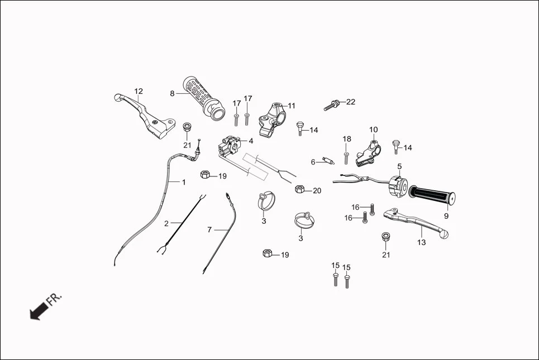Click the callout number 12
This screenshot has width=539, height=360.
(x=139, y=91)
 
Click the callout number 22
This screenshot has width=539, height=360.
(x=350, y=102)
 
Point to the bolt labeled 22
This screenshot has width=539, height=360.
(x=333, y=105)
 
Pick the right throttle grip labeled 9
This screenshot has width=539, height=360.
(x=432, y=195)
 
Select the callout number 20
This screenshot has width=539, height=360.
(x=317, y=191)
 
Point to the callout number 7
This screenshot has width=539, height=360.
(x=209, y=229)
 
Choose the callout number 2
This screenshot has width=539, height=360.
(x=166, y=223)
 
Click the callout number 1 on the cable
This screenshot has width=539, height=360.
(x=183, y=182)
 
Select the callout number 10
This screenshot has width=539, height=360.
(x=373, y=129)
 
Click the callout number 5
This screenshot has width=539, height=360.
(x=399, y=166)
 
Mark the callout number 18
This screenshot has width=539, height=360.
(x=347, y=139)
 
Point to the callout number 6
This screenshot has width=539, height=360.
(x=313, y=162)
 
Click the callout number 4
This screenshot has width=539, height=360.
(x=251, y=141)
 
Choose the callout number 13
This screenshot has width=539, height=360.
(x=421, y=242)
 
